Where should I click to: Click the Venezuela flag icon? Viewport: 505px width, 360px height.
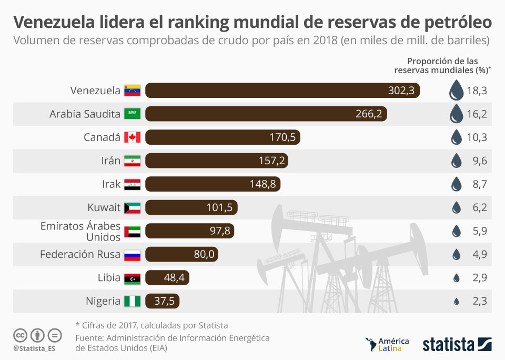point(132,91)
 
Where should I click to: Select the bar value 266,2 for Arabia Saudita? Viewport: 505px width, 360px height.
point(371,114)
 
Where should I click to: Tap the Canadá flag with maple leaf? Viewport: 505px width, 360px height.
point(132,137)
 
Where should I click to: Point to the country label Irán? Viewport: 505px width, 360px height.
point(111,161)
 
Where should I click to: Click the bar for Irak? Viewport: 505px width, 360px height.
point(213,184)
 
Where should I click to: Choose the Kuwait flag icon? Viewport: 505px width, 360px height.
point(132,207)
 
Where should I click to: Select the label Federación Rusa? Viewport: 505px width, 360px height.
point(80,254)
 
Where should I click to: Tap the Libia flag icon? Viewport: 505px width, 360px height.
point(132,278)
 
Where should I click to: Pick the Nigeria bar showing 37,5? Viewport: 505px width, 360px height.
point(163,301)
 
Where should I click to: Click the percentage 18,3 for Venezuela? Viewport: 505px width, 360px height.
point(476,91)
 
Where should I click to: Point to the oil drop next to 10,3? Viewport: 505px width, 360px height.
point(456,137)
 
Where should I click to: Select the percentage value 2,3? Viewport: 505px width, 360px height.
point(480,301)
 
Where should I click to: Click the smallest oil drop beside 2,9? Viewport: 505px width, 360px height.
point(456,278)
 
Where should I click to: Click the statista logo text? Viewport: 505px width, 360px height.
point(448,345)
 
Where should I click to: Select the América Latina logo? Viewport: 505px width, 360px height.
point(387,345)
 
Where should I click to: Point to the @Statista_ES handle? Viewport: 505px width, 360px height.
point(35,348)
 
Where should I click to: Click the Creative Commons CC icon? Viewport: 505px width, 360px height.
point(21,335)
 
